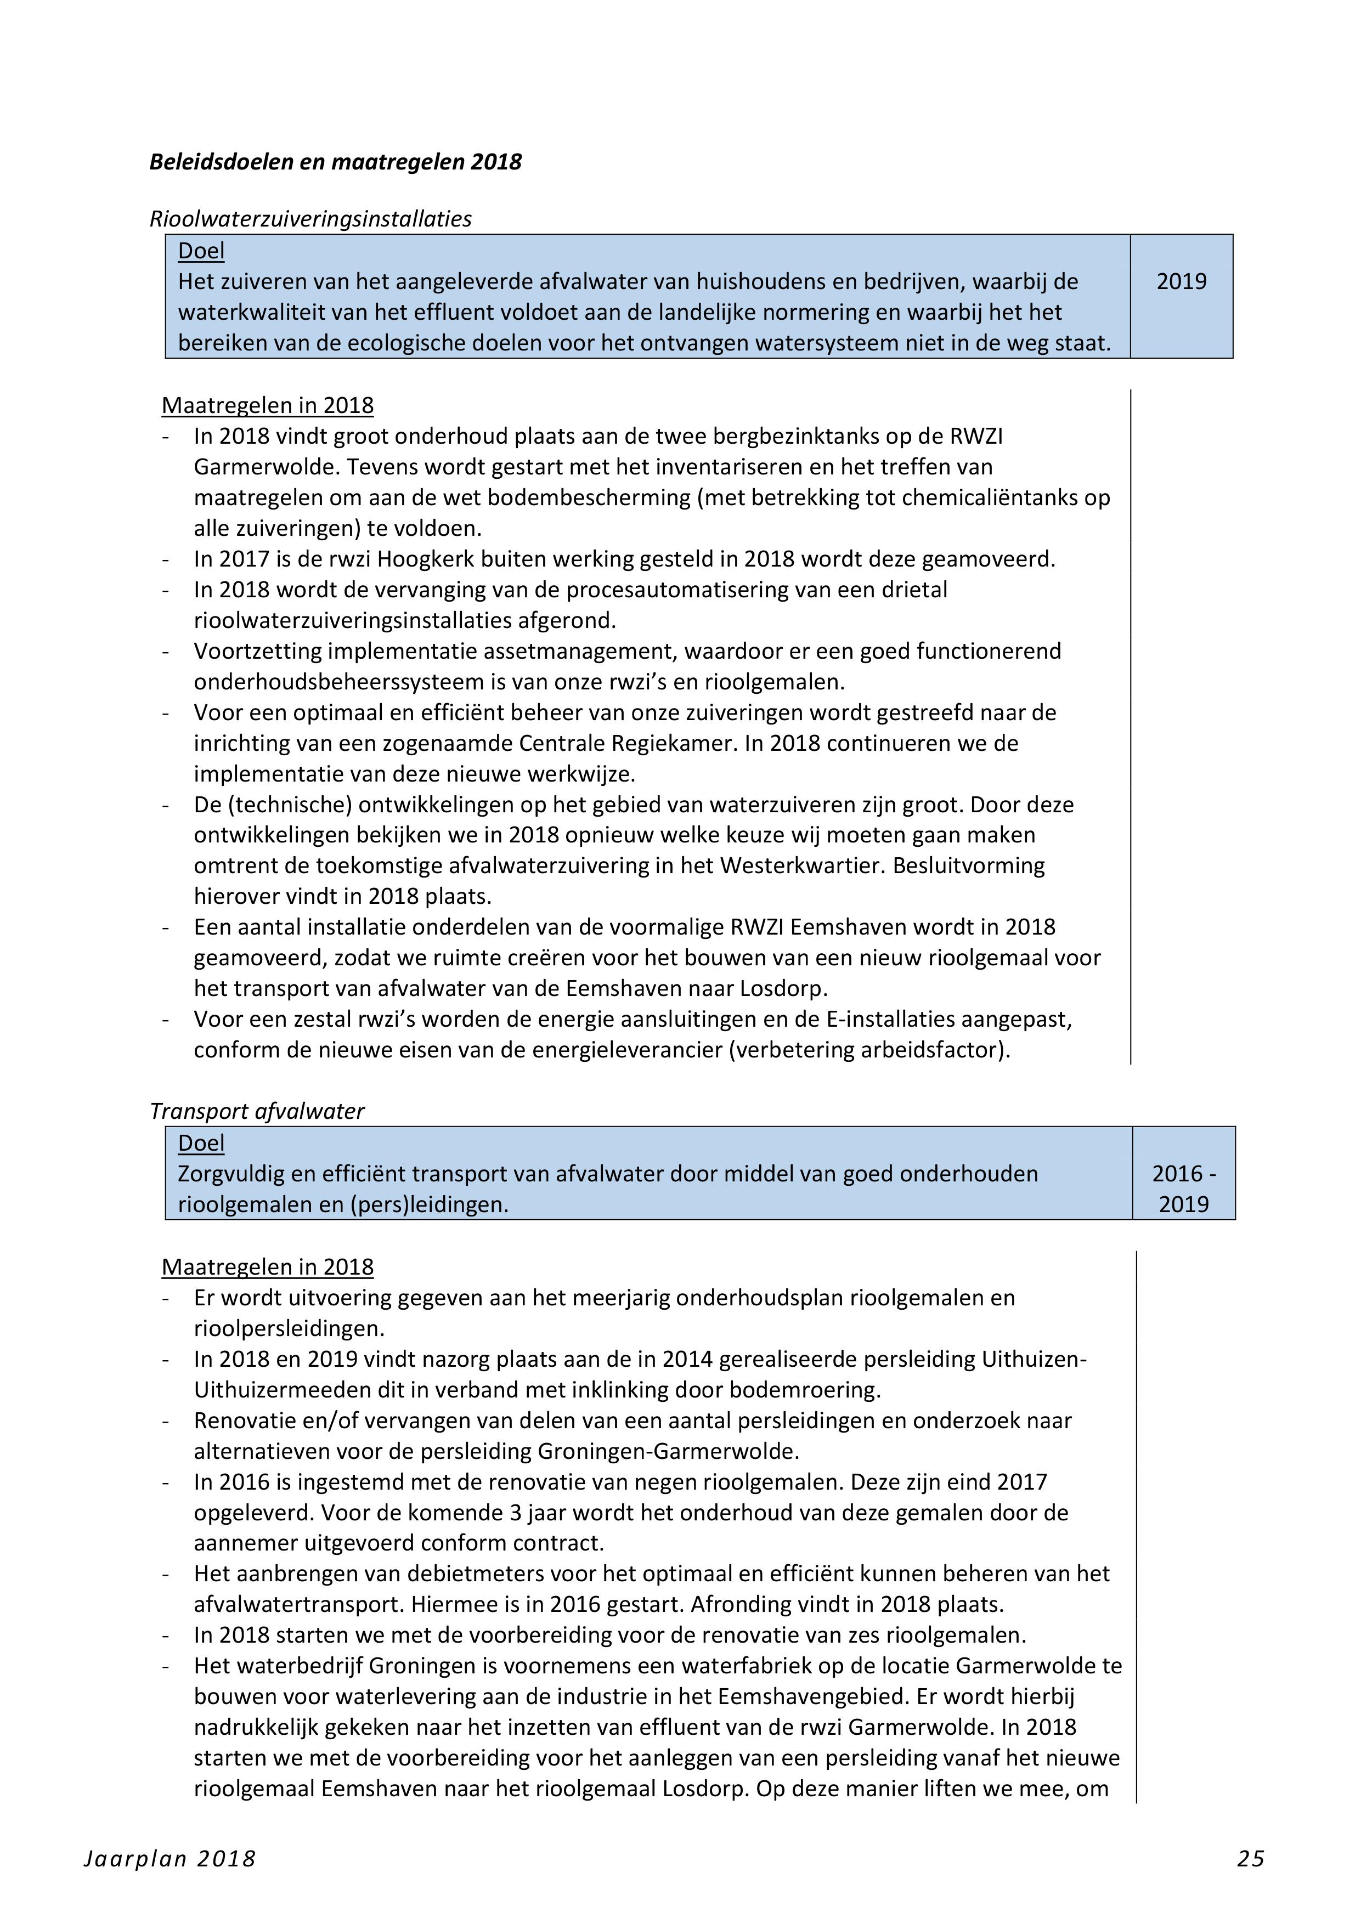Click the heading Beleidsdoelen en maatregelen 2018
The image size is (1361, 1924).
click(335, 162)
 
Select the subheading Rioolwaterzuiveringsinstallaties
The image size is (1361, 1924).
click(310, 219)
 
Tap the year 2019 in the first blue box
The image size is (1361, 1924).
click(1182, 281)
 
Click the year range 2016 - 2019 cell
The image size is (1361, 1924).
click(1183, 1189)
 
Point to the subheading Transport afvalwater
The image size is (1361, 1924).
click(256, 1111)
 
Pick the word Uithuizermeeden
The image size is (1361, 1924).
click(283, 1390)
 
